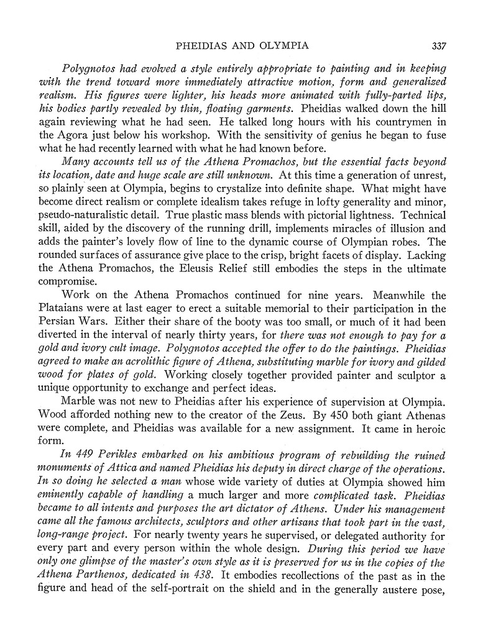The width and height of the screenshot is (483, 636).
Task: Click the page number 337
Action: point(438,45)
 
